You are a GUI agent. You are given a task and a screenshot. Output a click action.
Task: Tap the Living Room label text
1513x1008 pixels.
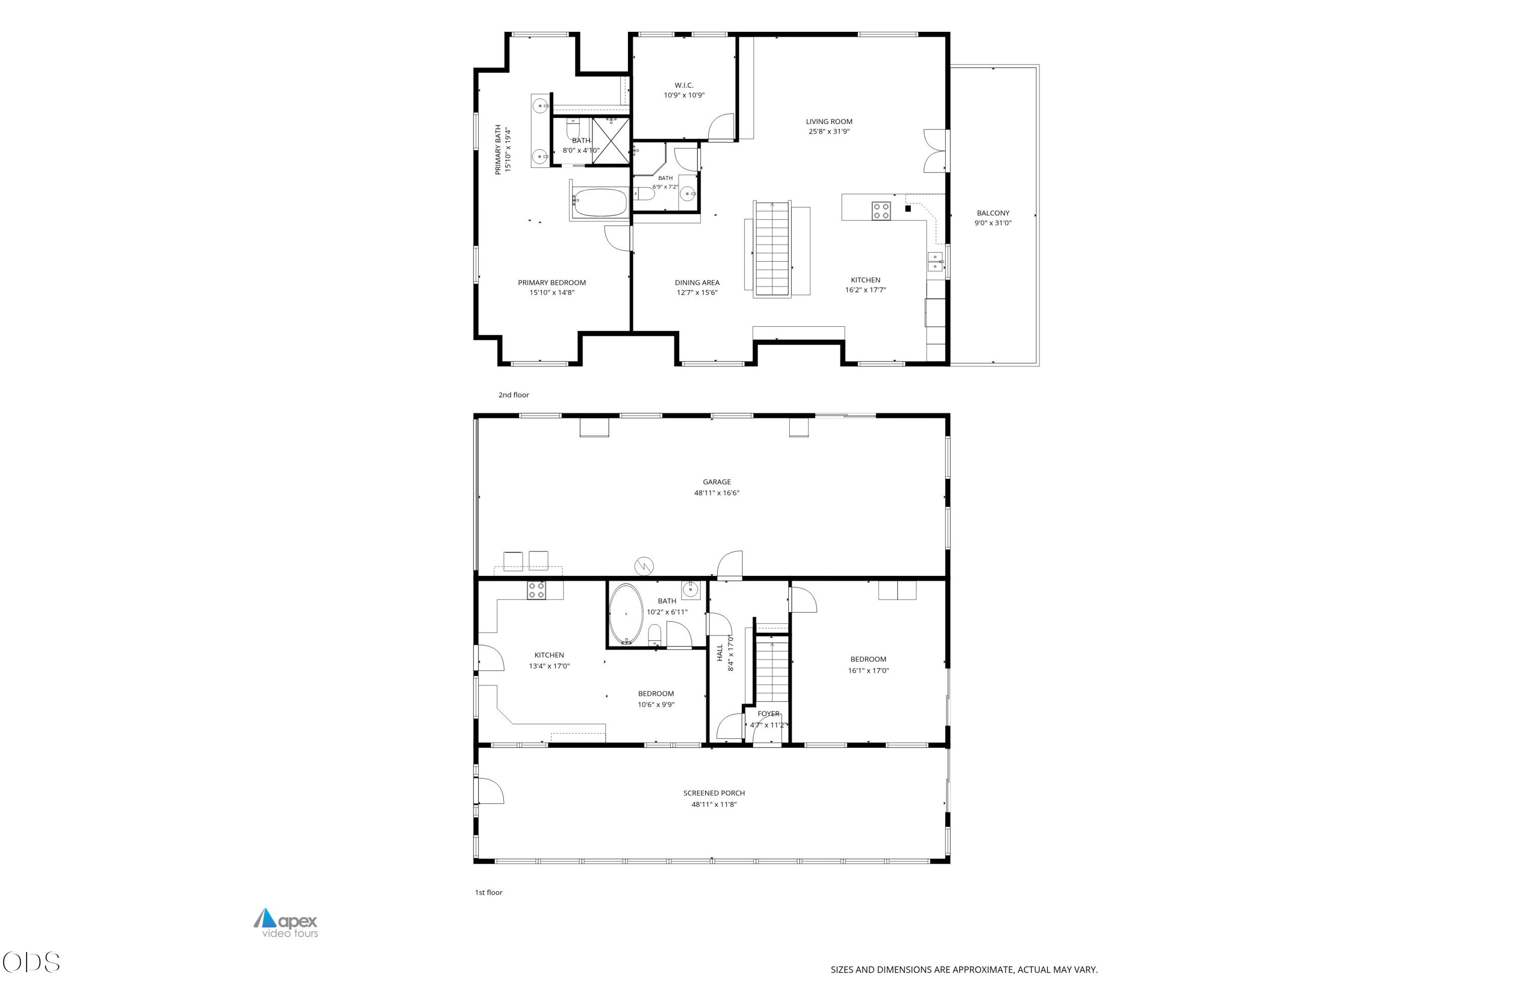coord(829,122)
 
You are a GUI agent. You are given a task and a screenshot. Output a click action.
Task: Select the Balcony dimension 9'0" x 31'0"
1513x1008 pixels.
coord(993,223)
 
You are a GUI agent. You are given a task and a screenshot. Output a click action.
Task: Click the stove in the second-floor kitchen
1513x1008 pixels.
coord(881,211)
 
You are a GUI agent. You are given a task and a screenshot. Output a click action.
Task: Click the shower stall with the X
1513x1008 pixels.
coord(610,138)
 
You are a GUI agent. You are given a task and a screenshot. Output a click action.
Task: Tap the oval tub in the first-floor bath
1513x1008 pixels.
coord(626,614)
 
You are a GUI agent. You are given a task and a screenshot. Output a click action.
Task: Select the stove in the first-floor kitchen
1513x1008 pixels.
coord(536,590)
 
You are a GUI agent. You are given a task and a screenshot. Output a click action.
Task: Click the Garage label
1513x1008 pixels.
coord(716,482)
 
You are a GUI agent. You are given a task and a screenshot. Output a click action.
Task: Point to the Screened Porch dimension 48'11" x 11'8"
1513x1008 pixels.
coord(714,804)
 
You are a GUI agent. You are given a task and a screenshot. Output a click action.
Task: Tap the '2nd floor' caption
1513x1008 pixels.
coord(514,395)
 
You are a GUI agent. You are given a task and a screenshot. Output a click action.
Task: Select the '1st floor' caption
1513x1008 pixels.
coord(489,893)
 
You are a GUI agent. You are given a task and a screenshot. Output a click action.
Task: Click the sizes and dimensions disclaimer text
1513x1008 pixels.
coord(964,970)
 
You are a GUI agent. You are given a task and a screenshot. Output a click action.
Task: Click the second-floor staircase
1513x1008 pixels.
coord(772,248)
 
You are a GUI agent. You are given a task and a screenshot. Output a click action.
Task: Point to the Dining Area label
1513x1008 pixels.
coord(697,282)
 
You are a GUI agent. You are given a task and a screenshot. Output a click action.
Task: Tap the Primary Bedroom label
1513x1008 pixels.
coord(552,282)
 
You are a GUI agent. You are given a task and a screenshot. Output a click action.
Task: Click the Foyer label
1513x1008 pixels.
coord(769,714)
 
